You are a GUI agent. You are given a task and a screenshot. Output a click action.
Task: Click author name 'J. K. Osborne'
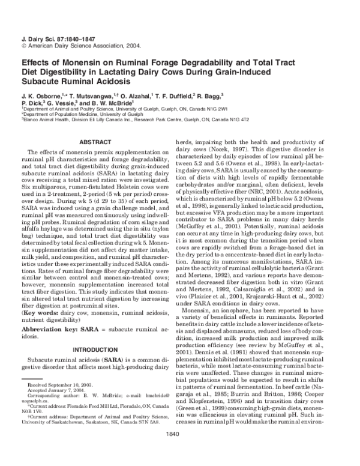[x=41, y=95]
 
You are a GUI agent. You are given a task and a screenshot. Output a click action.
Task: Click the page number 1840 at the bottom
[x=180, y=450]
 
